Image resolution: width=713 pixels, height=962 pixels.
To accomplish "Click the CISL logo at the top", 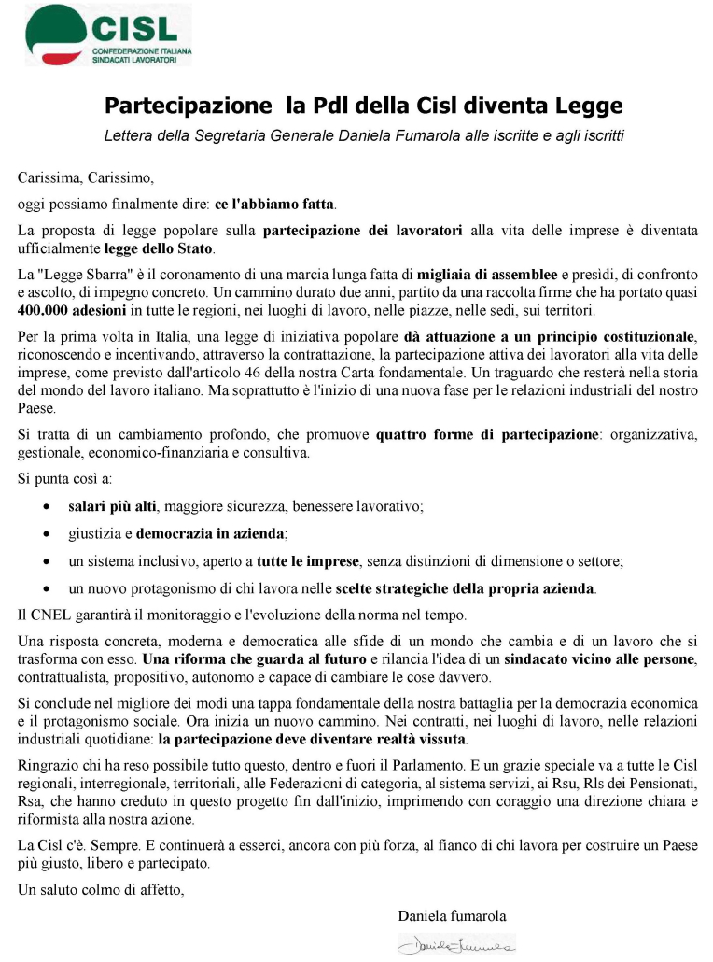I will click(x=106, y=35).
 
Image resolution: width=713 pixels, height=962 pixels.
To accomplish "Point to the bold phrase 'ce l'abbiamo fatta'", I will click(x=274, y=204).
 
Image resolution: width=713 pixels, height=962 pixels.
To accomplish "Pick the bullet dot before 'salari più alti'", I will click(x=48, y=507).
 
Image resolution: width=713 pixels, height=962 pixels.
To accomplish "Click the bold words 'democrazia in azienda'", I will click(x=212, y=534).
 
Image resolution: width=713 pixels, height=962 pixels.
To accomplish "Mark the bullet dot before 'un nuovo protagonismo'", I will click(x=48, y=589).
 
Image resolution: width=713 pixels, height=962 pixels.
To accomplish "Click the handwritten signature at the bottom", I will click(x=456, y=945).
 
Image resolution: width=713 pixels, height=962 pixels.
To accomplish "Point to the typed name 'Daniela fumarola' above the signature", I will click(x=452, y=915).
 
